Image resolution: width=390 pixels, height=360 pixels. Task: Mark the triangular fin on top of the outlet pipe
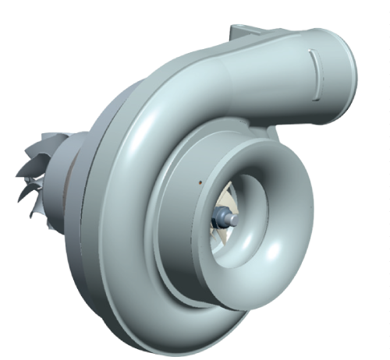(x=238, y=33)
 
